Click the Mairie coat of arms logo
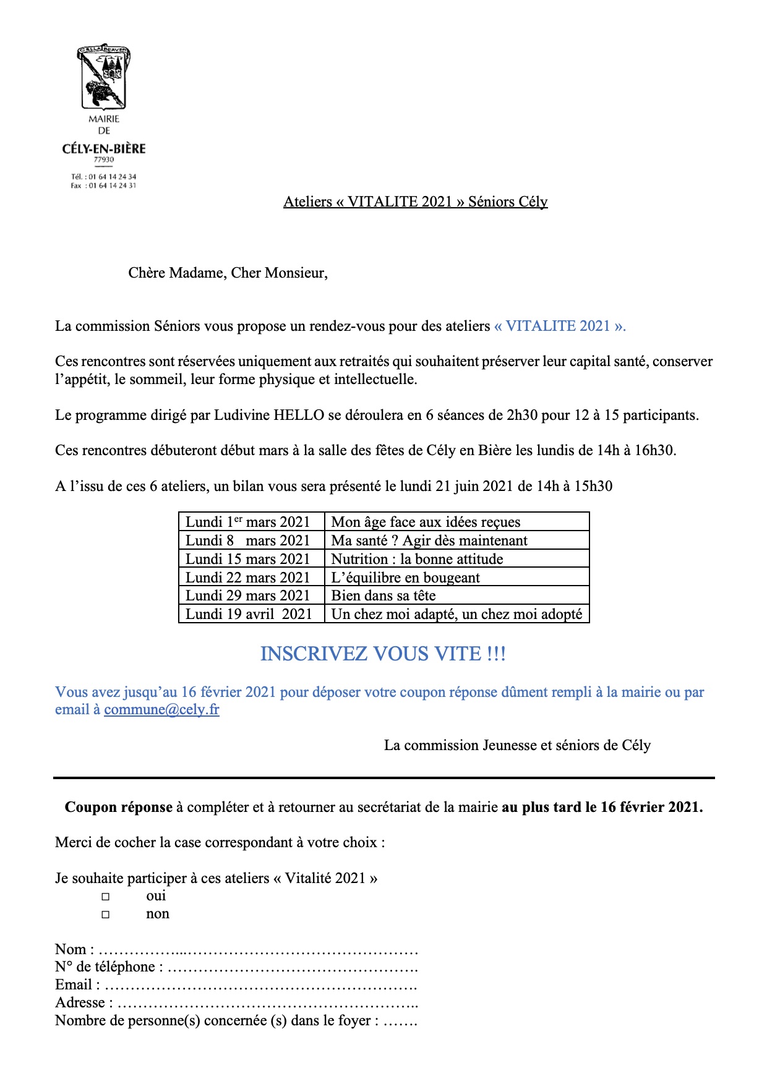point(104,77)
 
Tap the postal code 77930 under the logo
point(104,160)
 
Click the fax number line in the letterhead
point(103,186)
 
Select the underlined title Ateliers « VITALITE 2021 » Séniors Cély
point(415,202)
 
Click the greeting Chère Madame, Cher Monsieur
point(228,273)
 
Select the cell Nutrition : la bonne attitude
point(417,559)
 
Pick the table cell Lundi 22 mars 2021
point(248,578)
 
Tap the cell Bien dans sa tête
point(383,595)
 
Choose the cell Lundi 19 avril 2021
point(249,614)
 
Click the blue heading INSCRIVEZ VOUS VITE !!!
point(383,654)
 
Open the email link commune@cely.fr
point(161,709)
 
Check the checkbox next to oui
point(106,897)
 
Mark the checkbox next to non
point(106,915)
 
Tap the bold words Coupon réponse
point(119,807)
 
